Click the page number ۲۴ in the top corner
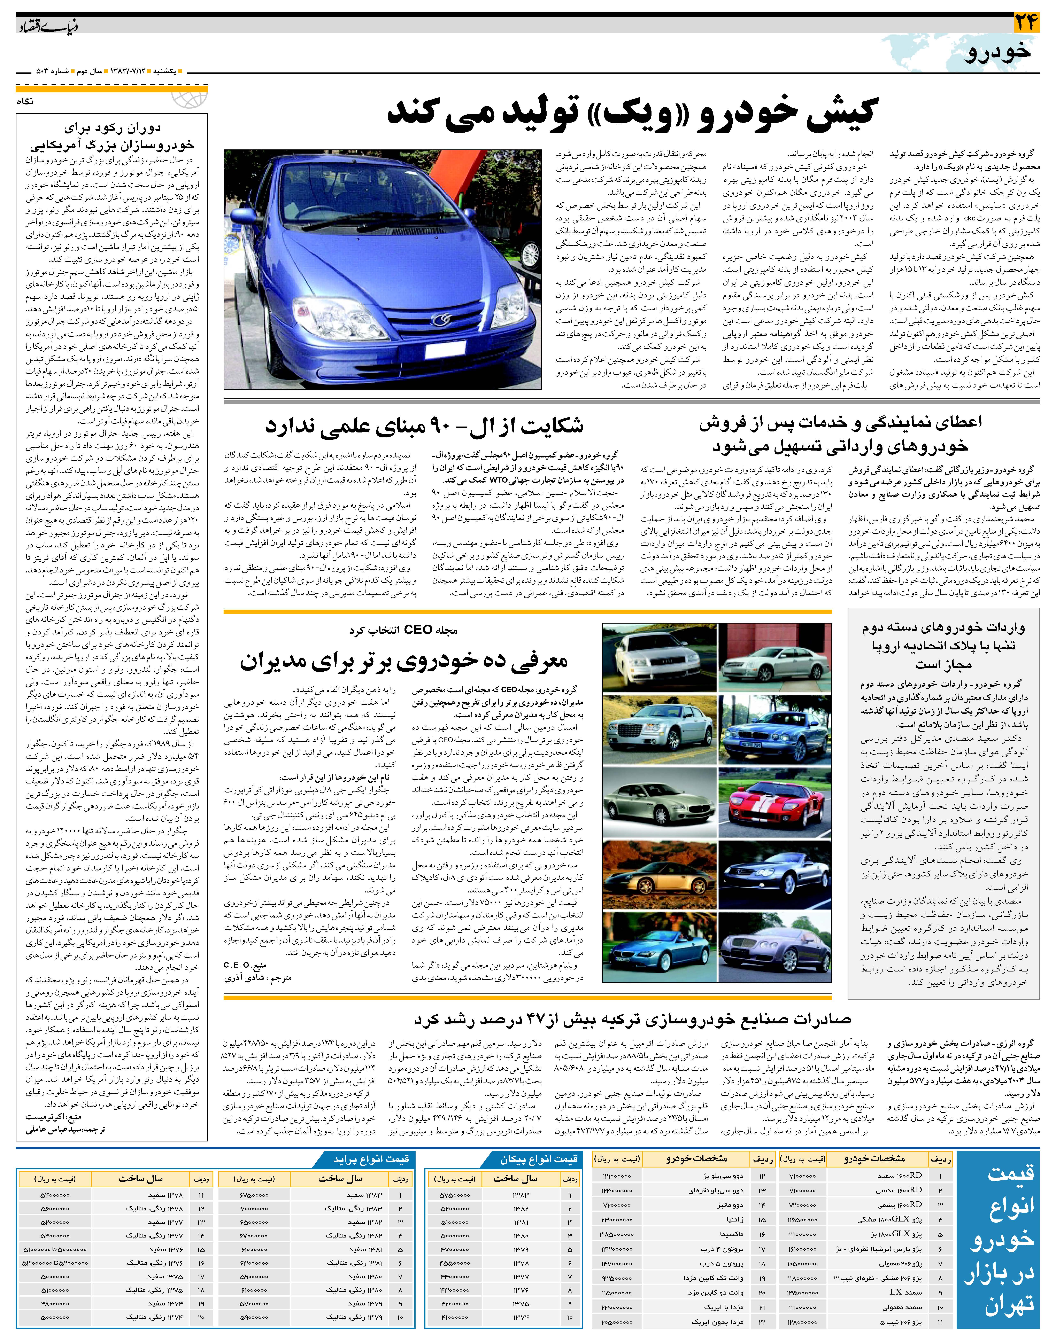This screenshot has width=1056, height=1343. pyautogui.click(x=1026, y=23)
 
